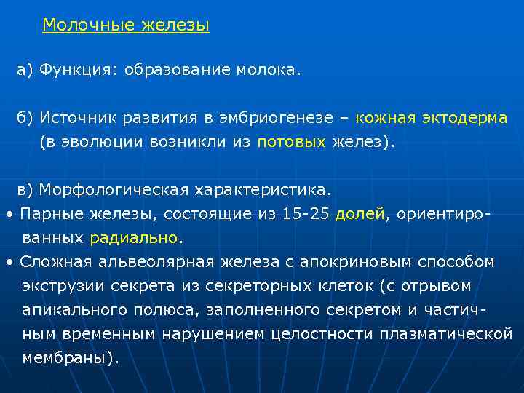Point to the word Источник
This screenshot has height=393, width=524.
point(74,118)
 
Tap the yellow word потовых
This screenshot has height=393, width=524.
point(291,142)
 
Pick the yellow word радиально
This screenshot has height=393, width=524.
point(134,238)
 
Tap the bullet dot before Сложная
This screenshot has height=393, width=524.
point(8,262)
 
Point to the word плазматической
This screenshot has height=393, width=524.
point(445,334)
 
